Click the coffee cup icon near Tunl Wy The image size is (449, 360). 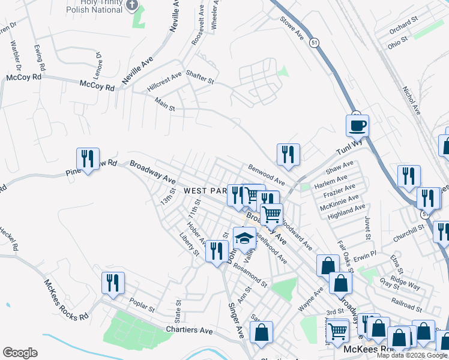[357, 126]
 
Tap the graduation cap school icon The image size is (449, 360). [244, 238]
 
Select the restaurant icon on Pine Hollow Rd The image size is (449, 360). [88, 159]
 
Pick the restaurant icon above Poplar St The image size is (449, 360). [113, 283]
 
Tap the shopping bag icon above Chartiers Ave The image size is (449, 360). [261, 332]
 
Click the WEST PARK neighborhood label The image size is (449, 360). [205, 190]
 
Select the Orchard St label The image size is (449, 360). [403, 26]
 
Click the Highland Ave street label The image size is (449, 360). [346, 212]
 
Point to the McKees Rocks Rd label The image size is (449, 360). [66, 298]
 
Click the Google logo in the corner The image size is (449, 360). [20, 353]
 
